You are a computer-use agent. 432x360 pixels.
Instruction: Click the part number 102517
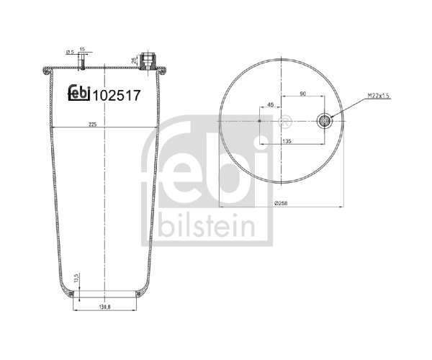(117, 96)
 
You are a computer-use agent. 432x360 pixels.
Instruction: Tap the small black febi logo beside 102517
(79, 93)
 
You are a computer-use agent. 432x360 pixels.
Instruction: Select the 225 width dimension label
(93, 125)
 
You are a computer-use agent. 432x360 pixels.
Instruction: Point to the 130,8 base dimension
(105, 307)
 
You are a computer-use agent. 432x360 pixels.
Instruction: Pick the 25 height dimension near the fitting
(134, 60)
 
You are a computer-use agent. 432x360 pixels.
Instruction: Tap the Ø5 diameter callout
(71, 52)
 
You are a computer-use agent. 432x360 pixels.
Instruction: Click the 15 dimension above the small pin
(82, 49)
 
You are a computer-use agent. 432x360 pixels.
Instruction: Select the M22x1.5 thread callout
(378, 96)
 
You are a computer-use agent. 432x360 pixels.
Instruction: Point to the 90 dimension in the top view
(303, 94)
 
